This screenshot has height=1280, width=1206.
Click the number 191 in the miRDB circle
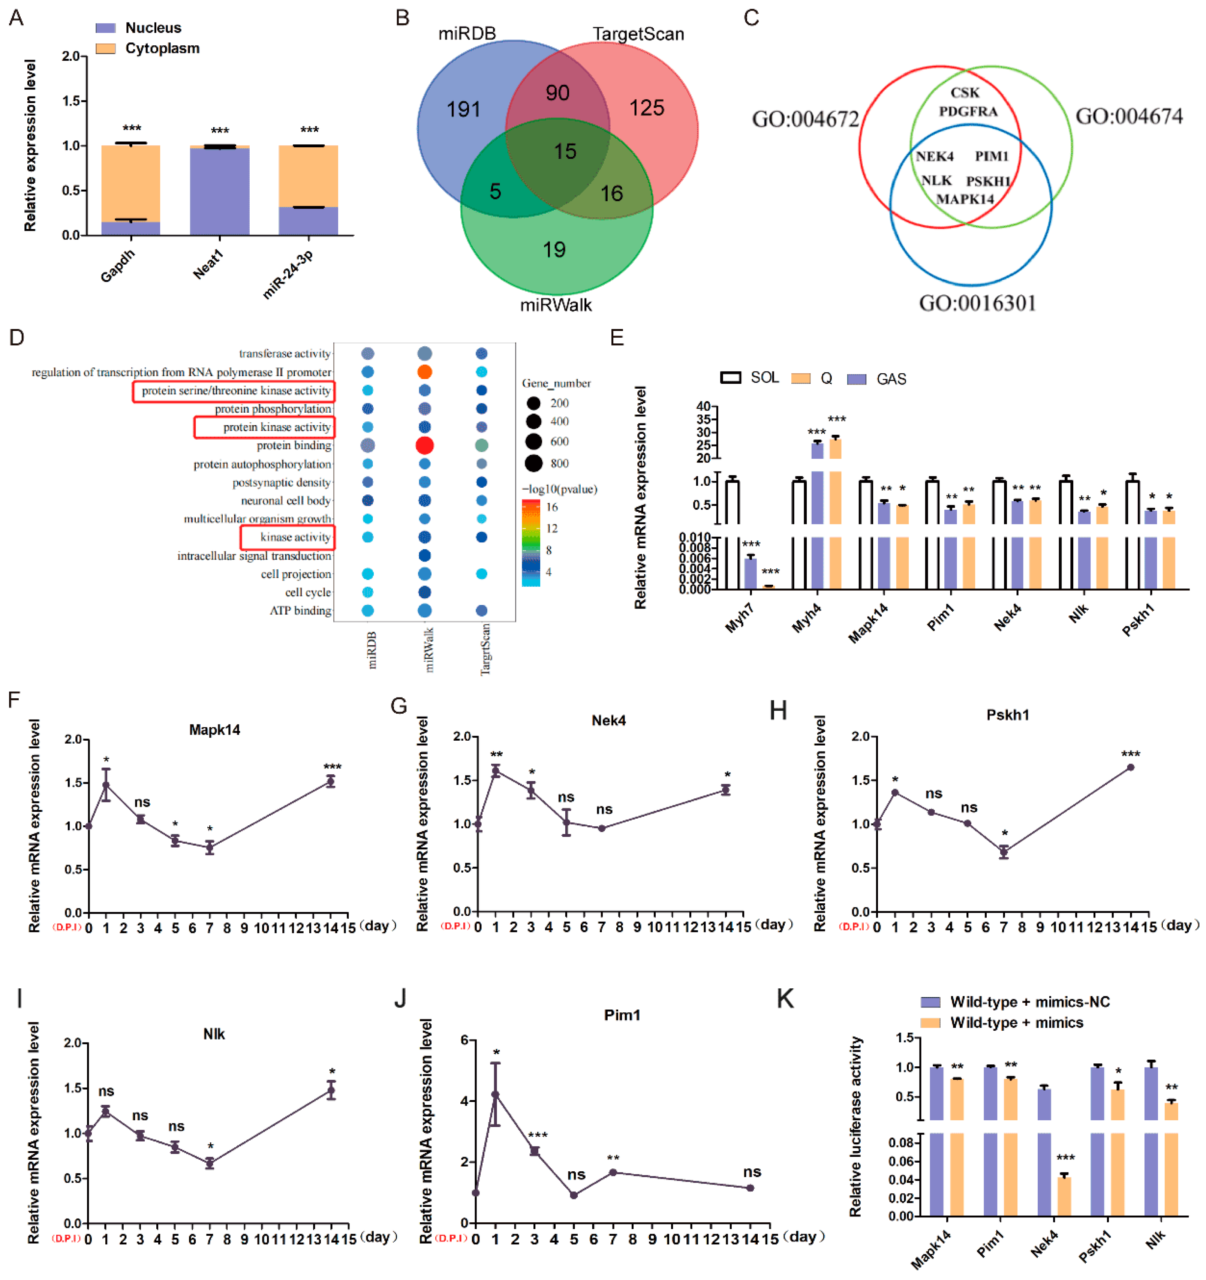(464, 109)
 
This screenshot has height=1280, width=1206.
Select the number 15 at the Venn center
(565, 152)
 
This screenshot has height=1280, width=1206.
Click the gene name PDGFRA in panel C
(968, 111)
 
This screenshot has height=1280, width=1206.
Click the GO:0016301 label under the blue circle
(977, 302)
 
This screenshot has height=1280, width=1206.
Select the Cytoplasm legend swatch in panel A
(106, 48)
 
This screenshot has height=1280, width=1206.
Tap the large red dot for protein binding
(424, 445)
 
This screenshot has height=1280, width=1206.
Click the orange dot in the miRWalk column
(424, 371)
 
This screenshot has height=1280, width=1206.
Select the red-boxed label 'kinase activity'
(295, 537)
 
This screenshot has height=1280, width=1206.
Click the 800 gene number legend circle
(533, 463)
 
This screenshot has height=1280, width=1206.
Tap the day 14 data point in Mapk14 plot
(330, 781)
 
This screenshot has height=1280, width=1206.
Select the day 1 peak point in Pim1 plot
(495, 1094)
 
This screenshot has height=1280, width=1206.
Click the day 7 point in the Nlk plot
(209, 1163)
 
